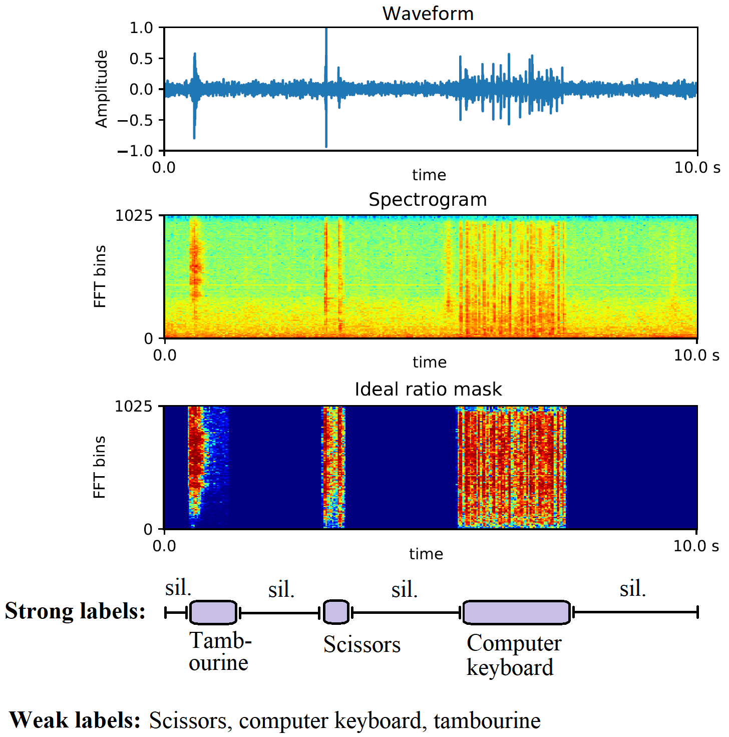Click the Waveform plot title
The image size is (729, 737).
click(x=428, y=14)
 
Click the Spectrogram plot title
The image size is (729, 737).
click(x=428, y=200)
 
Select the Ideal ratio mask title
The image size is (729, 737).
click(x=428, y=390)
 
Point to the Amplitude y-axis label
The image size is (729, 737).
click(x=102, y=89)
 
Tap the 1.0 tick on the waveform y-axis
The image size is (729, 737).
click(x=141, y=28)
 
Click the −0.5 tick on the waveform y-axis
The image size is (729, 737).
click(x=135, y=120)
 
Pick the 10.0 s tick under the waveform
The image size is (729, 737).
click(x=696, y=168)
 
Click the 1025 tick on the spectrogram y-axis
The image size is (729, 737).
click(x=134, y=216)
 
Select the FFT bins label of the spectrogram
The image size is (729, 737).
click(x=100, y=276)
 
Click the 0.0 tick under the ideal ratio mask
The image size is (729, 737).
click(x=164, y=546)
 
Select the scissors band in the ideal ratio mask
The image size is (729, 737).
click(x=333, y=466)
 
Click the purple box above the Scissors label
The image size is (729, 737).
click(x=336, y=612)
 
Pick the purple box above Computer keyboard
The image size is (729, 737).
click(x=516, y=612)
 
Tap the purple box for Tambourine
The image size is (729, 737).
click(x=213, y=612)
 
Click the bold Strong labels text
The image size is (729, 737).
click(x=75, y=611)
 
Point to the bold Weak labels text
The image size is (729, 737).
click(x=75, y=720)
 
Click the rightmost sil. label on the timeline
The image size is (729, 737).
click(x=632, y=589)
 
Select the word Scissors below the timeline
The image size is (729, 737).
click(x=361, y=645)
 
